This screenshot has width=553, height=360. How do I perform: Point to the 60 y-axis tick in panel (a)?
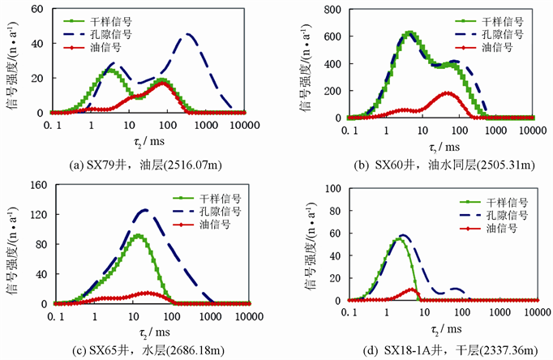37,10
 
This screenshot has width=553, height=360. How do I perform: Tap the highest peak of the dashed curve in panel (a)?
187,34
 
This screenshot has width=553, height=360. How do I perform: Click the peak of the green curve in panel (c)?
139,236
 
